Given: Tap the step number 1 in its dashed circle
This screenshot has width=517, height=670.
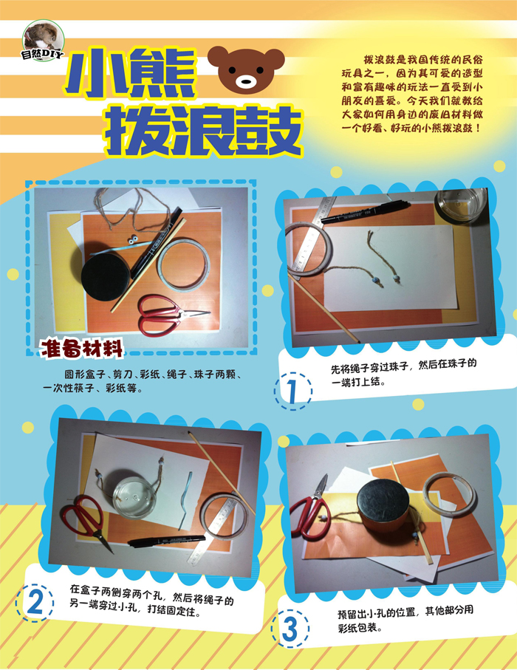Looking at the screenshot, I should [292, 389].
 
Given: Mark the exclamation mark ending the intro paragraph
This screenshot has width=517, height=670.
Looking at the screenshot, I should [480, 127].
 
